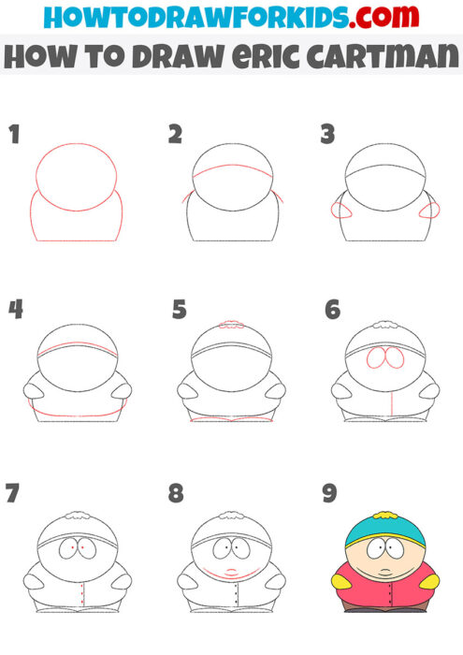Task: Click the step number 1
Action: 14,135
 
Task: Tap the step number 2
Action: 175,135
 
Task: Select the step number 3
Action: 327,135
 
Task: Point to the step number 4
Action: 15,310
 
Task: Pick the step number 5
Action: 180,310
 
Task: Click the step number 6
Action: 332,310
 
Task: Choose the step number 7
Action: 13,493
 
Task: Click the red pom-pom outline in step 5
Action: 231,326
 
